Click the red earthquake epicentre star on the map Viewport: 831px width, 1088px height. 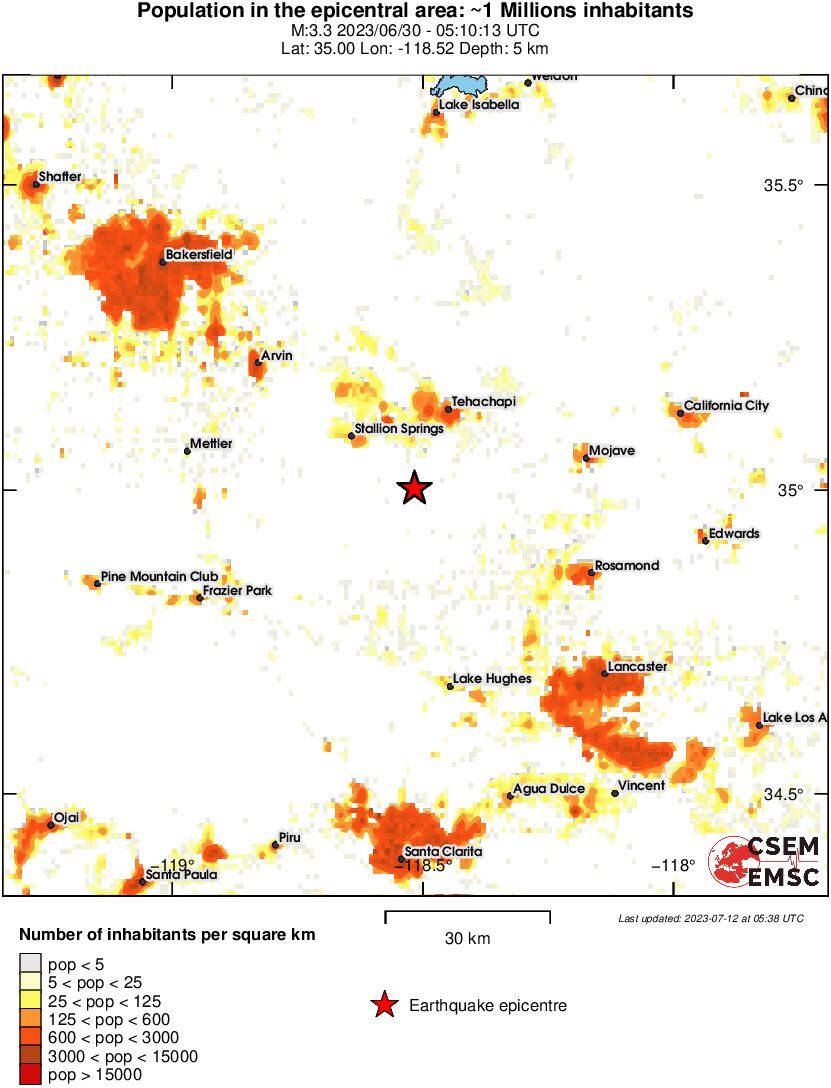tap(414, 488)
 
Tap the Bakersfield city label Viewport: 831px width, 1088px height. tap(198, 255)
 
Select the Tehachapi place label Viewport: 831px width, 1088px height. tap(482, 401)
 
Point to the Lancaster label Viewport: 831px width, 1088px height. tap(636, 666)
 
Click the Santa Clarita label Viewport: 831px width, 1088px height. tap(443, 851)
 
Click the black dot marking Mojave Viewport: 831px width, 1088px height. tap(587, 458)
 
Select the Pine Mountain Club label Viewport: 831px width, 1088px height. tap(159, 577)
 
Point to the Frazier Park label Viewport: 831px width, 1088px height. tap(237, 591)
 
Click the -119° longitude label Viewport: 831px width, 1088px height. tap(170, 864)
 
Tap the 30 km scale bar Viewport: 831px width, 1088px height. tap(467, 913)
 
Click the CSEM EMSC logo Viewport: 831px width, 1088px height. tap(764, 861)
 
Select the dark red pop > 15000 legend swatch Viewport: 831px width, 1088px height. tap(30, 1075)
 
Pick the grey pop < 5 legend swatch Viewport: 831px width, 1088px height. tap(30, 962)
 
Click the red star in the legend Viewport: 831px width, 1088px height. tap(383, 1005)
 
